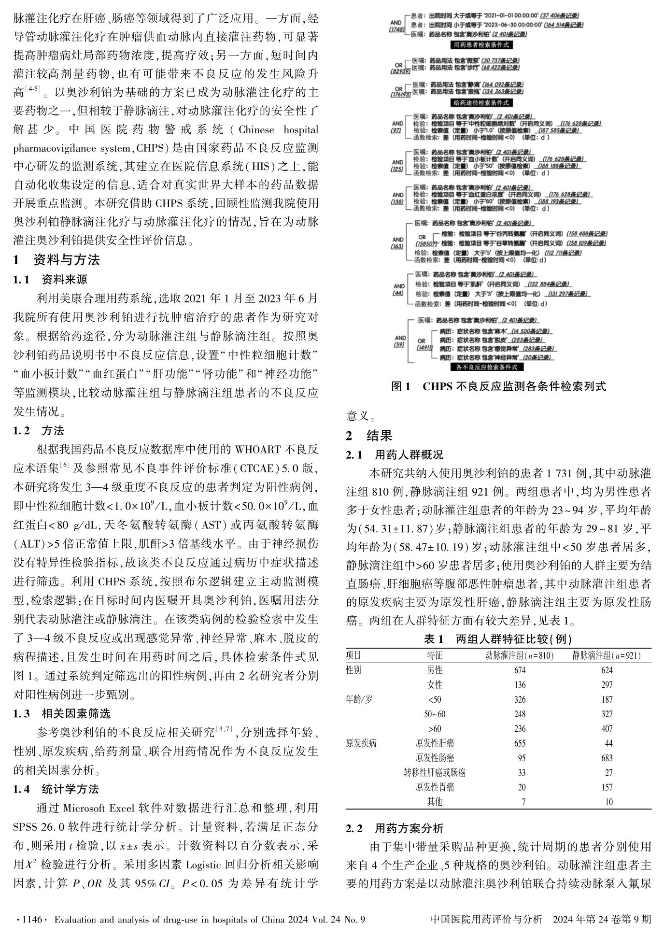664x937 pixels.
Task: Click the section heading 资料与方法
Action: click(66, 260)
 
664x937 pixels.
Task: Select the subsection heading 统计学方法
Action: click(70, 789)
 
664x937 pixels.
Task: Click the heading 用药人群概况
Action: click(409, 454)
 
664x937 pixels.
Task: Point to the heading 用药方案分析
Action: click(409, 829)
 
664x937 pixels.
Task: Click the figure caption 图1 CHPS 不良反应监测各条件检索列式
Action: click(498, 386)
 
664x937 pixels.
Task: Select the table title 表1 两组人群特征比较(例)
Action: click(498, 639)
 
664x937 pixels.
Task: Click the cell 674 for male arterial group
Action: click(520, 670)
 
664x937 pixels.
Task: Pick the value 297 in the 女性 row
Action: click(607, 685)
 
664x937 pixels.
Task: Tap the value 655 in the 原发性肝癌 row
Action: click(520, 743)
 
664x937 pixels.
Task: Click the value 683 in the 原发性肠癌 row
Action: click(607, 758)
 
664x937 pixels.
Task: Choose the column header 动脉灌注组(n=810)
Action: click(519, 655)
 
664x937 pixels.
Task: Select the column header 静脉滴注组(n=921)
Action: click(607, 655)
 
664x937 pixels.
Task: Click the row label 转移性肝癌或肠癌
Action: click(435, 773)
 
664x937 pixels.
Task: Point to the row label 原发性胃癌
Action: click(435, 787)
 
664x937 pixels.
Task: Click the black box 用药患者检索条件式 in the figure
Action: click(481, 45)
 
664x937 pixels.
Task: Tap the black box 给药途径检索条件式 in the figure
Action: click(481, 103)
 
